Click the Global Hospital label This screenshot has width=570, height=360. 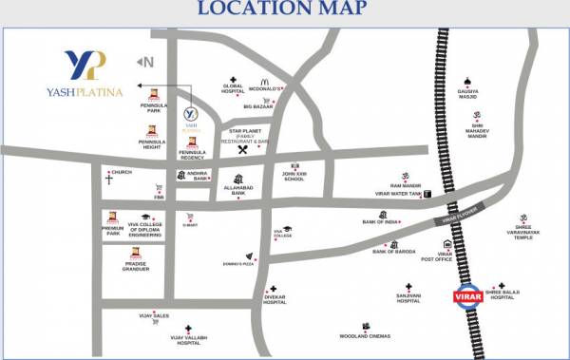[233, 89]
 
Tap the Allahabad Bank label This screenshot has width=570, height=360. [233, 192]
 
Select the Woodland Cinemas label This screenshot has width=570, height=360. [366, 335]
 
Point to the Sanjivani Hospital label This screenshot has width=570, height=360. [408, 298]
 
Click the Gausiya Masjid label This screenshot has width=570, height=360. [467, 95]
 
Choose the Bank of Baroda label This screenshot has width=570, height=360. [395, 251]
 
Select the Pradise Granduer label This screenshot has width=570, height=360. [136, 267]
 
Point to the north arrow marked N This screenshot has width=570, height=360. [146, 63]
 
